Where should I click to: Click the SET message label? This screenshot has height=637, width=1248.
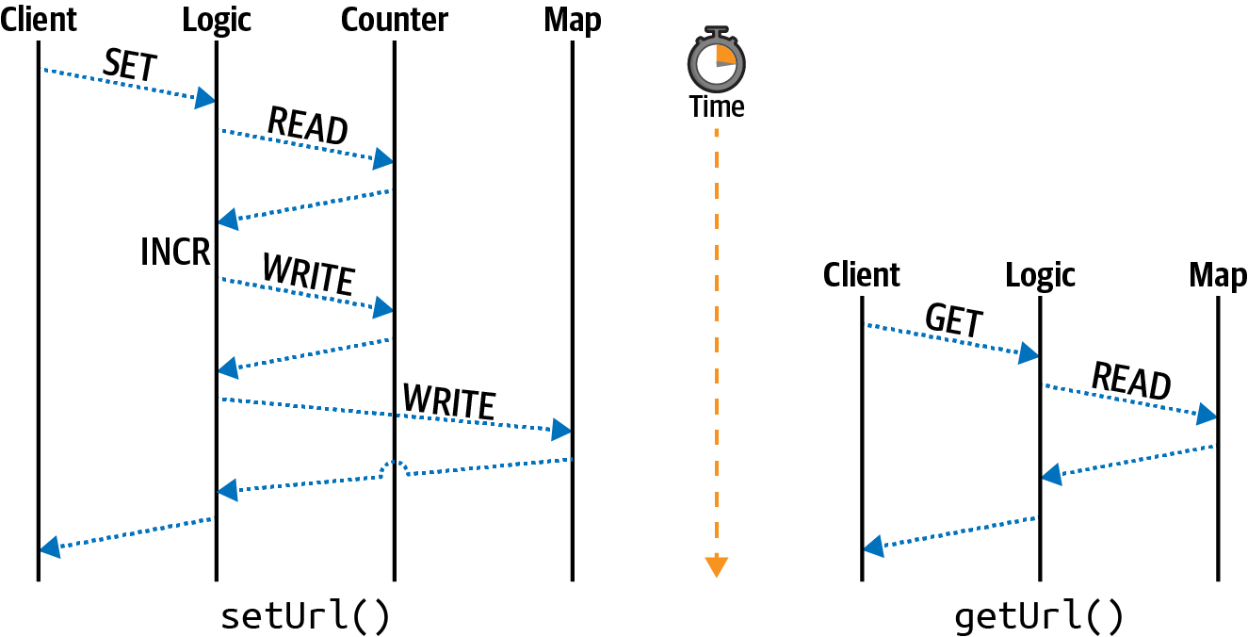coord(130,67)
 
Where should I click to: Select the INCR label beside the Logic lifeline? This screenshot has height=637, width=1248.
coord(174,252)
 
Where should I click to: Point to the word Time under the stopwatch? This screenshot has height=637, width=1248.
coord(717,106)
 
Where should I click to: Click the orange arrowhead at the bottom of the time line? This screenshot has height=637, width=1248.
coord(717,566)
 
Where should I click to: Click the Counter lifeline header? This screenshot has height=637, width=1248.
coord(395,20)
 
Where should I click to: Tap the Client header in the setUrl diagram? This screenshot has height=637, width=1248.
coord(39,20)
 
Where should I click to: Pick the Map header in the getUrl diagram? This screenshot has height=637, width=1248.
coord(1217,275)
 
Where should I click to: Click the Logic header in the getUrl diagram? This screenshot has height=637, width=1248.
coord(1040,275)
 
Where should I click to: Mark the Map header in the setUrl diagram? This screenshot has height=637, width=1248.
coord(572,20)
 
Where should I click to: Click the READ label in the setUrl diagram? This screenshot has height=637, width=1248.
coord(308,126)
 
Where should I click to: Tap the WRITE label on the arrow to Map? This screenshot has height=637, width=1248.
coord(448,402)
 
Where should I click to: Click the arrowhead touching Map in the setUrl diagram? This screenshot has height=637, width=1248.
coord(561,431)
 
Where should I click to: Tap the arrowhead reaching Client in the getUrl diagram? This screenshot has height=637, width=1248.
coord(873,547)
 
